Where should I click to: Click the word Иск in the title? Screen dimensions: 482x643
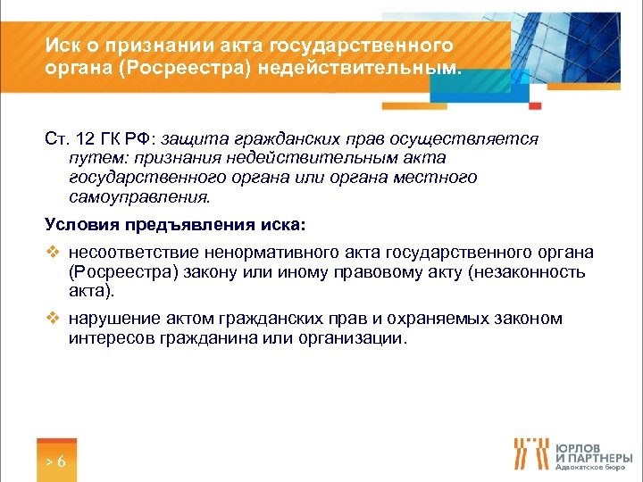[x=63, y=46]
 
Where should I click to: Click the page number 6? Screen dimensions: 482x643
[x=61, y=461]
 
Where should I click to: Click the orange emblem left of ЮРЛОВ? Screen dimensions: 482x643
[x=530, y=453]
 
